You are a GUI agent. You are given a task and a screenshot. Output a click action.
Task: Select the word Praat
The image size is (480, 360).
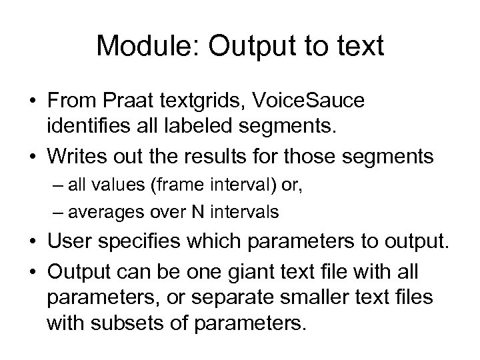(121, 101)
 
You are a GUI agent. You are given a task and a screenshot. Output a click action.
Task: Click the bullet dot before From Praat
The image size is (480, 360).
(33, 101)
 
